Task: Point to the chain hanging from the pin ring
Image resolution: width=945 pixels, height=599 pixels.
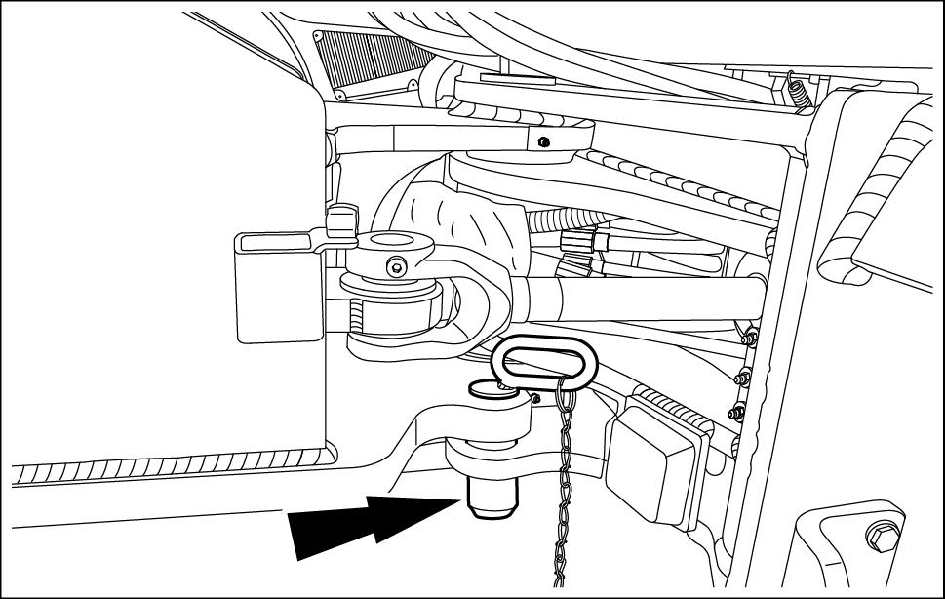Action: click(x=563, y=488)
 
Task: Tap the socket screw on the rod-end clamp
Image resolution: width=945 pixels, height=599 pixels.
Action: click(x=394, y=265)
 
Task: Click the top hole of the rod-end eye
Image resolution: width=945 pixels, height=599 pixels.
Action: click(x=395, y=240)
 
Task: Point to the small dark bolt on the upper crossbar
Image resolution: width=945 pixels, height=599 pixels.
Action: click(x=544, y=142)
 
